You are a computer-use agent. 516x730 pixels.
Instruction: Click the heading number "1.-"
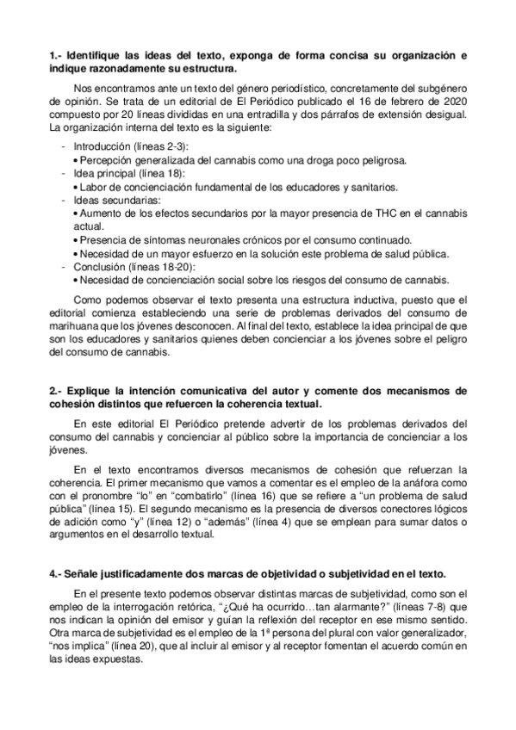(x=56, y=55)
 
